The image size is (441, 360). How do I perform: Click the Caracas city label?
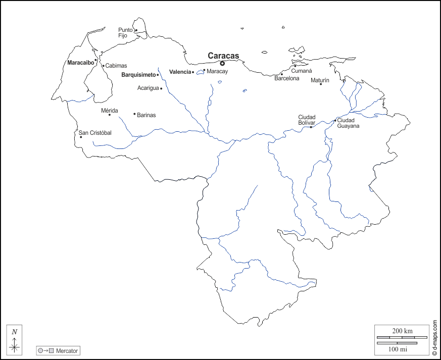(x=223, y=56)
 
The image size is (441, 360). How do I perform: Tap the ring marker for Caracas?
(x=222, y=63)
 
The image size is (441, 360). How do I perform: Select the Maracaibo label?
(x=80, y=63)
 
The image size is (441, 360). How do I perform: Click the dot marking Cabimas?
(x=103, y=66)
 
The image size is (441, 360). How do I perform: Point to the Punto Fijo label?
(x=126, y=32)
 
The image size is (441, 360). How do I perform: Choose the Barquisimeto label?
(x=138, y=75)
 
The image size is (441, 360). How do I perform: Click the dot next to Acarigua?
(x=161, y=88)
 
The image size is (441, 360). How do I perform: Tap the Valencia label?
(x=180, y=72)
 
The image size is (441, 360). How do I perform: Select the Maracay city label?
(x=217, y=72)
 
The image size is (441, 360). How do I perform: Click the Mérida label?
(x=109, y=110)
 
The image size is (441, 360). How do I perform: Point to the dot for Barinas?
(x=134, y=114)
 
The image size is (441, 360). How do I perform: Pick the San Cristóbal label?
(x=95, y=133)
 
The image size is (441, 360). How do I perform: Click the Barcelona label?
(x=287, y=78)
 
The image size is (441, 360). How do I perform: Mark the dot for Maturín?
(x=321, y=84)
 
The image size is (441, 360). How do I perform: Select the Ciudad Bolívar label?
(x=307, y=120)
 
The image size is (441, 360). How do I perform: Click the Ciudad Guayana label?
(x=348, y=123)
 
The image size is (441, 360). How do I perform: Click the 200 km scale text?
(x=402, y=331)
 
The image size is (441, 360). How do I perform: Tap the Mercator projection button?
(x=58, y=350)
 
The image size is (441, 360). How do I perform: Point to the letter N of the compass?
(x=15, y=332)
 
